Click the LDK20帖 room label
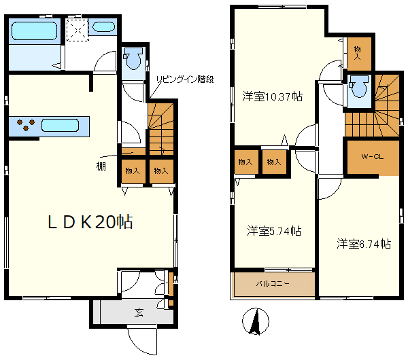pos(89,221)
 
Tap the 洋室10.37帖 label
pos(272,96)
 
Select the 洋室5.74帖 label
pos(274,231)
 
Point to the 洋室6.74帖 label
pos(363,243)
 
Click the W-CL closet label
pos(371,158)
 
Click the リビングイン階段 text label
pos(185,79)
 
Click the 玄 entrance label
pos(139,312)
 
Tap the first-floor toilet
pos(133,60)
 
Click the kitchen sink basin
pos(63,125)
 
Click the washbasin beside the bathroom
pos(103,28)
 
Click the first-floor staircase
pos(162,127)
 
